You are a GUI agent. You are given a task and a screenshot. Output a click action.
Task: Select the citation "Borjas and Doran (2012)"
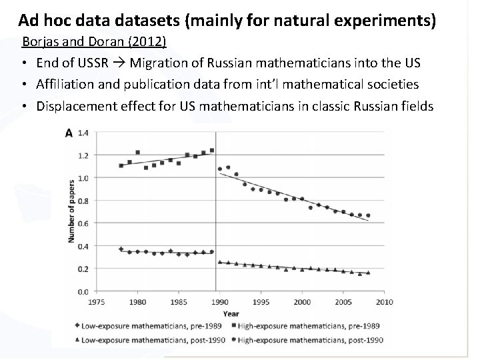94,42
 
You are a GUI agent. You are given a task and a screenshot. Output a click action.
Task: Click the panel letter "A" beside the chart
67,133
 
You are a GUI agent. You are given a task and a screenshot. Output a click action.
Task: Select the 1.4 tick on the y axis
83,133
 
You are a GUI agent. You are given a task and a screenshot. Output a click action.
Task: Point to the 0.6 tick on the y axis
83,223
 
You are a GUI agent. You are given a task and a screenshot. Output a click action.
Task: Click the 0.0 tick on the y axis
83,291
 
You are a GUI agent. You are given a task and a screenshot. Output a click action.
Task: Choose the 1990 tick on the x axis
219,302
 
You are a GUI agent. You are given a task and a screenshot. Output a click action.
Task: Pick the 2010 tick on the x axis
384,302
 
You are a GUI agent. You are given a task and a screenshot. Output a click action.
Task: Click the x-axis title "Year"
231,313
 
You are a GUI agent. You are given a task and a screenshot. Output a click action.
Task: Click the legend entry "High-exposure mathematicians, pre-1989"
311,326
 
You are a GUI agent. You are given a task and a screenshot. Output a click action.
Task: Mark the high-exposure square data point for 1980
137,153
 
